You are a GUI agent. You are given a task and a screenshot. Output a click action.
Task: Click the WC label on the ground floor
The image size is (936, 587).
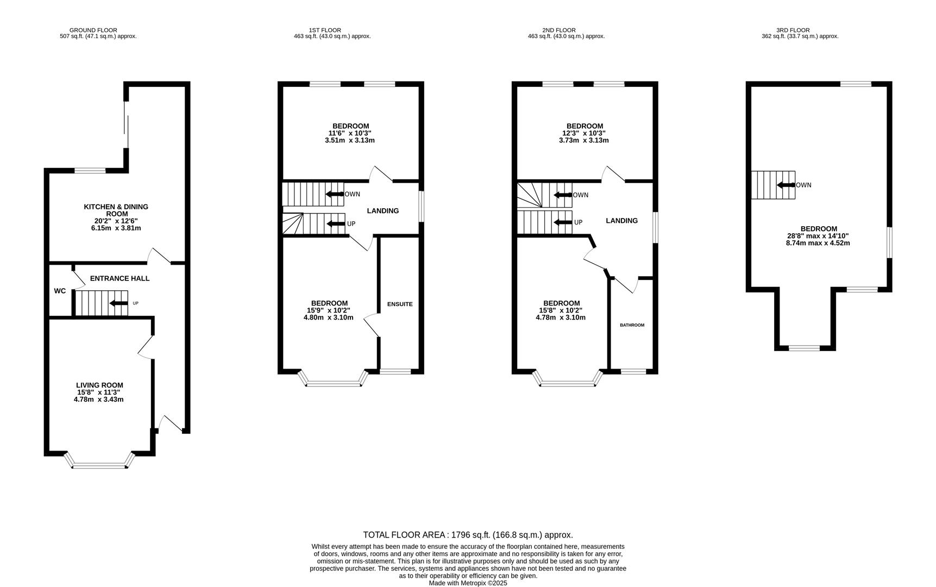(x=60, y=291)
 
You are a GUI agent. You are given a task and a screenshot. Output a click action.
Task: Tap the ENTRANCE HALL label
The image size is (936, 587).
(x=120, y=278)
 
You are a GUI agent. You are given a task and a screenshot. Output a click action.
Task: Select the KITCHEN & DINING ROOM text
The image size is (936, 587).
(x=116, y=210)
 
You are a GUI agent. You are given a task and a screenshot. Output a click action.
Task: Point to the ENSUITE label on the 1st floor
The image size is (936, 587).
(x=400, y=304)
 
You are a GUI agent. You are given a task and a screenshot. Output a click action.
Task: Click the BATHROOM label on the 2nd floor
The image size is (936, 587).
(x=632, y=325)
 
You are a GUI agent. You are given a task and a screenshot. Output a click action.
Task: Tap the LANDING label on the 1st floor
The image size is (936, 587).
(x=382, y=211)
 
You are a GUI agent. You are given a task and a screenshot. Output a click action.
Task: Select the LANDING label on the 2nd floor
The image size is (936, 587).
(x=621, y=221)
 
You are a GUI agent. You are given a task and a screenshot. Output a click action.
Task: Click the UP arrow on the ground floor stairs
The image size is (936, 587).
(x=119, y=303)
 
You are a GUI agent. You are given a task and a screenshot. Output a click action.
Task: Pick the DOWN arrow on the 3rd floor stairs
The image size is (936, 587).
(x=786, y=185)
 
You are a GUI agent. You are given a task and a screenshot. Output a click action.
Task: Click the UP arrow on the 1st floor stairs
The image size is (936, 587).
(x=335, y=223)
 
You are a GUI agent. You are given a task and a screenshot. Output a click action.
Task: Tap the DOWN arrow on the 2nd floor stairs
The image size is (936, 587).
(x=563, y=195)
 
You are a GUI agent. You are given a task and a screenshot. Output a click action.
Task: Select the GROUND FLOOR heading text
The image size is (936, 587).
(x=93, y=30)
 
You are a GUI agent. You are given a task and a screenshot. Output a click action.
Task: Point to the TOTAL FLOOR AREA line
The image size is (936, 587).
(x=468, y=535)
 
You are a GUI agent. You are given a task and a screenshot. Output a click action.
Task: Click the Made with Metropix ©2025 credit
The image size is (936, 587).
(x=468, y=583)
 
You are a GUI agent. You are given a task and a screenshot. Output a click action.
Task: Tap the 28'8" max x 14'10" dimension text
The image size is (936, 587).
(x=818, y=236)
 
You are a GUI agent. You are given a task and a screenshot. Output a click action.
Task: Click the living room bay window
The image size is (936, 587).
(x=99, y=465)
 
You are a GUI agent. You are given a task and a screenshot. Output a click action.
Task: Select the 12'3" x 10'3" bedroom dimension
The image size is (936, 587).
(x=583, y=133)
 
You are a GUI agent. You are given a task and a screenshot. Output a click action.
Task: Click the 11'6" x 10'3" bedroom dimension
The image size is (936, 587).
(x=350, y=133)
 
